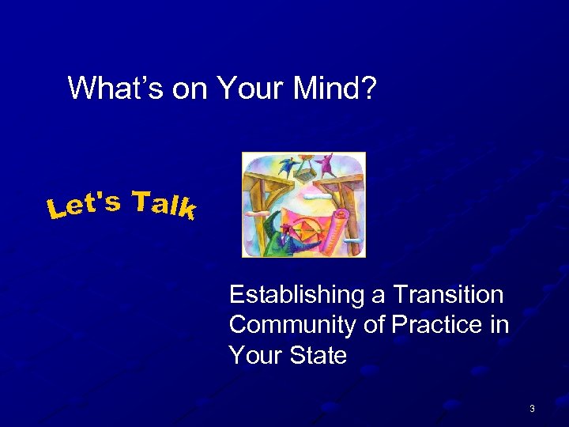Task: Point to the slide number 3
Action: pos(532,408)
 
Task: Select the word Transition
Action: pos(448,295)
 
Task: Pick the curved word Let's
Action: pos(83,205)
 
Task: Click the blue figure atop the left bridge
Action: pos(285,167)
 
